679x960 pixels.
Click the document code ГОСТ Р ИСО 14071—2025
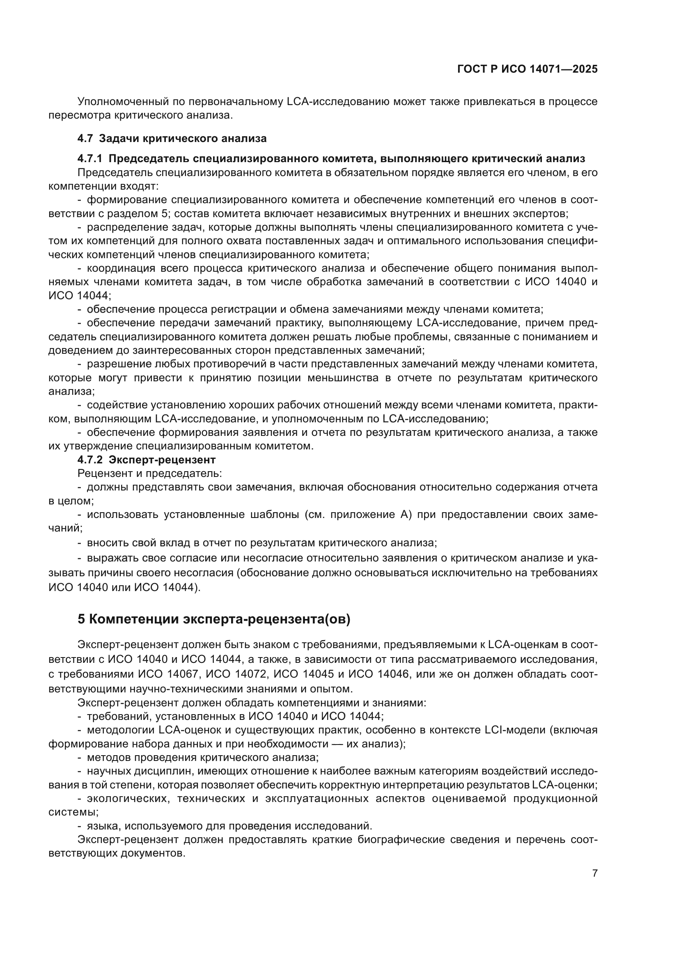point(527,69)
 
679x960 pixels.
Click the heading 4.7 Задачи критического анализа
point(172,138)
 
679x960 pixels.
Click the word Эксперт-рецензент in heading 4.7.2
point(162,460)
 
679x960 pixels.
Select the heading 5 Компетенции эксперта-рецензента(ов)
point(213,619)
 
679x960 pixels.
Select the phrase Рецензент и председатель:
point(149,474)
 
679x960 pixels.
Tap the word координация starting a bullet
point(118,268)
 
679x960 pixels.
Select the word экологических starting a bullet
point(128,799)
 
